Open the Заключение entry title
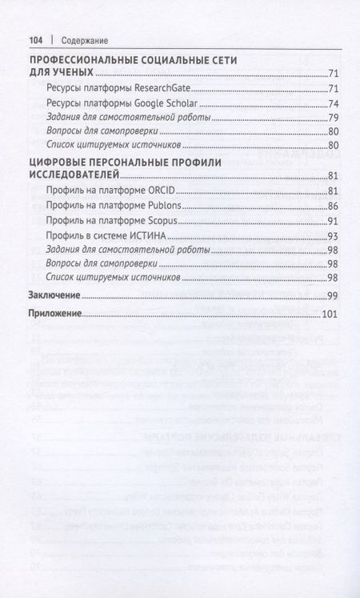(54, 295)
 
